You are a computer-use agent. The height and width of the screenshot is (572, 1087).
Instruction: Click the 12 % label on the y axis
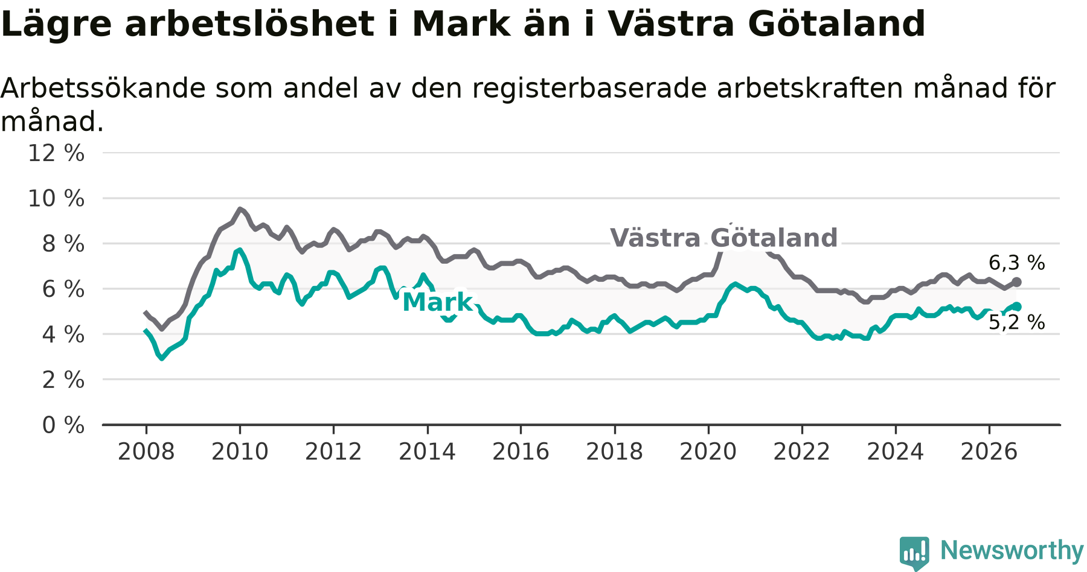point(56,153)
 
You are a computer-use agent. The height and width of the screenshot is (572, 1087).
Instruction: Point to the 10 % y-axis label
point(56,199)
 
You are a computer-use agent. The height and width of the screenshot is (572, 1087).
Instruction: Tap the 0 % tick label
point(63,425)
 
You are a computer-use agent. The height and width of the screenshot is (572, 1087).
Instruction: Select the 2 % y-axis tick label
point(63,380)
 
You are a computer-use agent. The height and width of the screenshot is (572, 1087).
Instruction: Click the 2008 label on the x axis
point(146,452)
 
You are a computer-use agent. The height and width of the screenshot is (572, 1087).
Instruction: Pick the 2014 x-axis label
point(427,452)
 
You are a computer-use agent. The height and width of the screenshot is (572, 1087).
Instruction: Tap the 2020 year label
point(708,452)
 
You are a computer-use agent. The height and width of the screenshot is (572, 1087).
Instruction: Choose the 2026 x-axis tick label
point(989,452)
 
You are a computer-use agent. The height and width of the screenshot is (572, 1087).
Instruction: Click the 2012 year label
point(333,452)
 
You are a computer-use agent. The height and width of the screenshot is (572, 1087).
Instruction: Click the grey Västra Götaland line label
point(724,238)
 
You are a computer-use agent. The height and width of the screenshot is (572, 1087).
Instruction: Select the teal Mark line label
point(438,302)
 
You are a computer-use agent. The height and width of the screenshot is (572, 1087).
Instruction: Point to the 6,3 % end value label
point(1017,263)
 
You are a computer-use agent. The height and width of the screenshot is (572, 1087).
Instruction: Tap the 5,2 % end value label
point(1017,323)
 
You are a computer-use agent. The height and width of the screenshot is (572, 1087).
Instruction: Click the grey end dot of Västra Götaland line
point(1017,282)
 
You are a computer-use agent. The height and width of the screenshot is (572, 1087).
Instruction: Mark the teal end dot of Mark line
point(1017,307)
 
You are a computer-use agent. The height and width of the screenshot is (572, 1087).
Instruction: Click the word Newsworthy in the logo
point(1012,550)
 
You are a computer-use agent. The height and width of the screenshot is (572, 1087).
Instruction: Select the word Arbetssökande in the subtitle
point(103,89)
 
